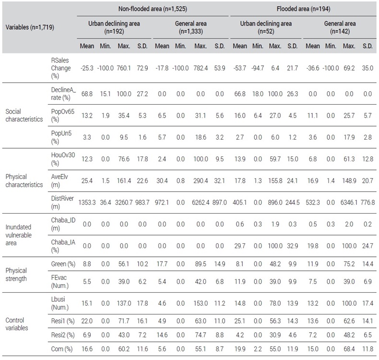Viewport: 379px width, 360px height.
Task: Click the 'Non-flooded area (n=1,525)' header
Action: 153,9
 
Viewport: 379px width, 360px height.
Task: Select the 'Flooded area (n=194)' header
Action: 303,9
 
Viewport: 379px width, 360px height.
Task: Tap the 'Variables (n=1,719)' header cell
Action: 30,27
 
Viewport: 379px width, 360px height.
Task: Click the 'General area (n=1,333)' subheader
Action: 191,27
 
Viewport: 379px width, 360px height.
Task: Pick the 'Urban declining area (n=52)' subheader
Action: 266,27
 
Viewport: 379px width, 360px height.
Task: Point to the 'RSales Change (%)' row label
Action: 60,68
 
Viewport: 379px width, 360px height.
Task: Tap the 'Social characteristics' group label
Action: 24,115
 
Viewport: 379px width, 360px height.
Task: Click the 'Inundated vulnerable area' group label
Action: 18,235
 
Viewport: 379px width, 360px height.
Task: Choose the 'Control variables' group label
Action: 17,324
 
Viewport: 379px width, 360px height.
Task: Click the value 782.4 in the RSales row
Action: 201,68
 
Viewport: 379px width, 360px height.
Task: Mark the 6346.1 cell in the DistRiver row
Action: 349,203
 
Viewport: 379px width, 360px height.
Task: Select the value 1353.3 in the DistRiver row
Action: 87,203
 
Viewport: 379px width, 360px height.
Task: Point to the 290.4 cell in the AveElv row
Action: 201,180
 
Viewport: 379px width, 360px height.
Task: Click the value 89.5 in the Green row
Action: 201,264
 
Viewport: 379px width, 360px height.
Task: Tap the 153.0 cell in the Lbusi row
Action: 201,303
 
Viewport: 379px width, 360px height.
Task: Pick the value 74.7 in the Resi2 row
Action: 201,335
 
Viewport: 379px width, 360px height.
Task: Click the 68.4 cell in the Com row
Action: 349,349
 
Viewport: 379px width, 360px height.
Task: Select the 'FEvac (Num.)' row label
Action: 59,281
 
